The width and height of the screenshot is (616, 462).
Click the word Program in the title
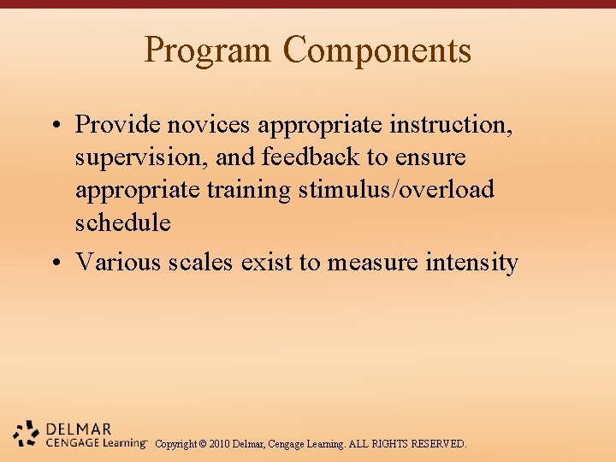click(209, 50)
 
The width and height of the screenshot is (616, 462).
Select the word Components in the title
click(377, 50)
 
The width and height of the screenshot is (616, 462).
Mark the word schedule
click(123, 222)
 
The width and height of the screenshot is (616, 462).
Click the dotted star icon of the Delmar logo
click(27, 434)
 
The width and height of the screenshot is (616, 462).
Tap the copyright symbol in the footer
click(204, 444)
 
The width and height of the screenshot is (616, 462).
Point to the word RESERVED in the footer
click(439, 444)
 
